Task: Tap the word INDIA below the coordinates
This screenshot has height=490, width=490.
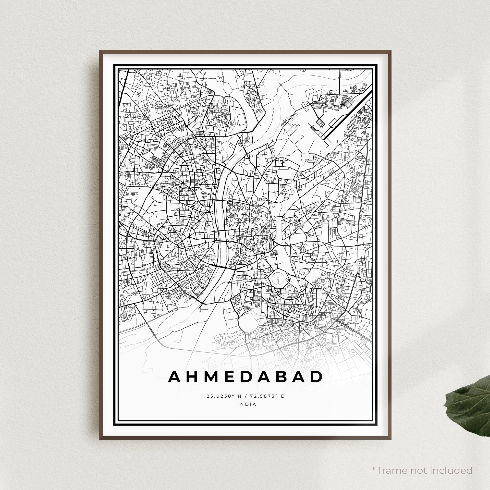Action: (x=247, y=404)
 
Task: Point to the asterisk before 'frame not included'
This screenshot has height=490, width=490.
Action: (x=373, y=462)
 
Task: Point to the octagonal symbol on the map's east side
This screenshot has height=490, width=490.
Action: (x=344, y=230)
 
